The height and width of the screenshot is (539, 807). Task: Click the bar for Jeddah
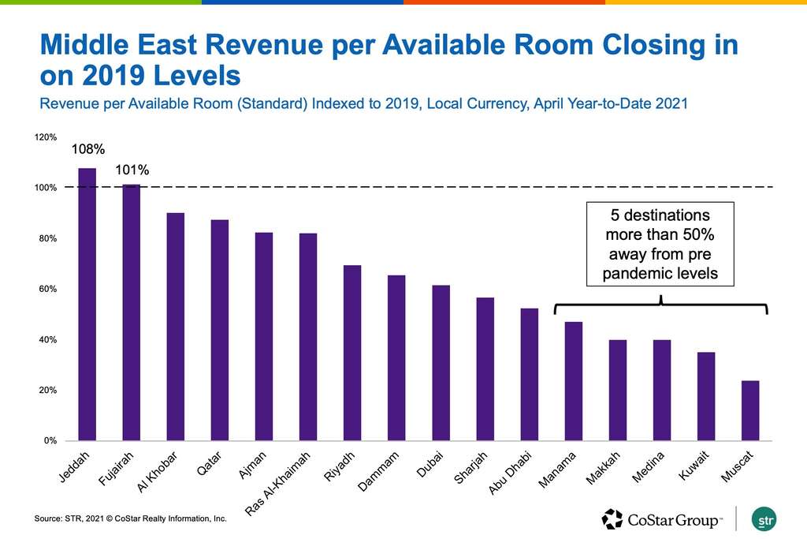(x=87, y=304)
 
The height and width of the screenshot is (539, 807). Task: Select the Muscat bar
(x=750, y=410)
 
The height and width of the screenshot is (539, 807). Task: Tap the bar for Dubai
(x=441, y=363)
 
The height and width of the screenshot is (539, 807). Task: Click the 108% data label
(x=88, y=148)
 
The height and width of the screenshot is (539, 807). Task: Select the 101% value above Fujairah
(x=132, y=169)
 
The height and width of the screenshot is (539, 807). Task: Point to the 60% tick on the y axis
(x=46, y=290)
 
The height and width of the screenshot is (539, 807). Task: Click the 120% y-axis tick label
(x=45, y=137)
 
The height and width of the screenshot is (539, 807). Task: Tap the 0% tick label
(x=49, y=441)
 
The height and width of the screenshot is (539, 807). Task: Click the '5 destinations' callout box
(x=660, y=244)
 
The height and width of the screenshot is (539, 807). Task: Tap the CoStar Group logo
(x=662, y=519)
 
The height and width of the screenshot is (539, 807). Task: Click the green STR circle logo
(x=765, y=519)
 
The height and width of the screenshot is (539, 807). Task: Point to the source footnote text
(x=130, y=518)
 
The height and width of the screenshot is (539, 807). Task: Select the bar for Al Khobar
(x=175, y=327)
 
